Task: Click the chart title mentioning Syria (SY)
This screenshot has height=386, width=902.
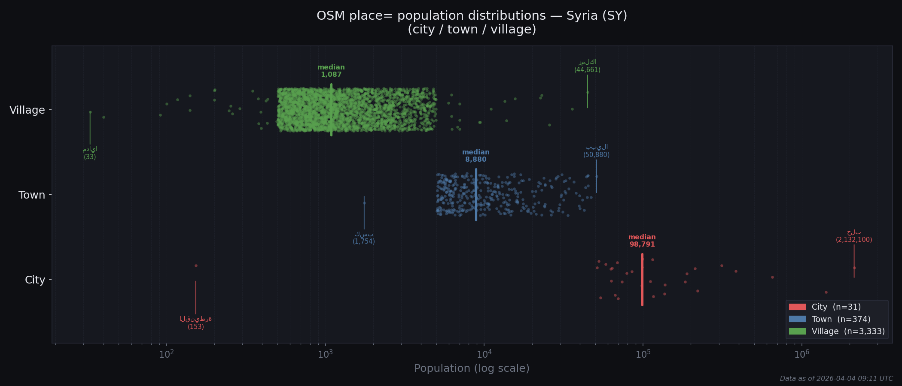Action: [x=472, y=22]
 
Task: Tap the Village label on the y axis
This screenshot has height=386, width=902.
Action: [x=27, y=110]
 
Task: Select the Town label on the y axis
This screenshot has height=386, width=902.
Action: [x=32, y=195]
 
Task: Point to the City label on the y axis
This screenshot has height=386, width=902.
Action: [x=35, y=280]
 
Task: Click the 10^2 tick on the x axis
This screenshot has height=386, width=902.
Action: [x=167, y=354]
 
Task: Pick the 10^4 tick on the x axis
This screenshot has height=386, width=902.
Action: [x=484, y=354]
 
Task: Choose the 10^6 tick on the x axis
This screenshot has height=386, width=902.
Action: [x=801, y=354]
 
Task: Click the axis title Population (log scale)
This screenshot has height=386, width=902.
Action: [x=472, y=368]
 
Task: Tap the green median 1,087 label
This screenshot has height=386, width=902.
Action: [x=331, y=71]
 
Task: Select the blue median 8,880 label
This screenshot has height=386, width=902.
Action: [x=476, y=156]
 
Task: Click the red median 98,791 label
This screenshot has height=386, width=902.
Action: [x=642, y=241]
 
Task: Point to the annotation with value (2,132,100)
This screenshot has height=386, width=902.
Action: [x=854, y=236]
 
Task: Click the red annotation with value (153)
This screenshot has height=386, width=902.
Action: [x=196, y=323]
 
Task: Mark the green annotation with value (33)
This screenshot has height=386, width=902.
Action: [x=90, y=153]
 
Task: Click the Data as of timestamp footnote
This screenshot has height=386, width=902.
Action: [x=836, y=379]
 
